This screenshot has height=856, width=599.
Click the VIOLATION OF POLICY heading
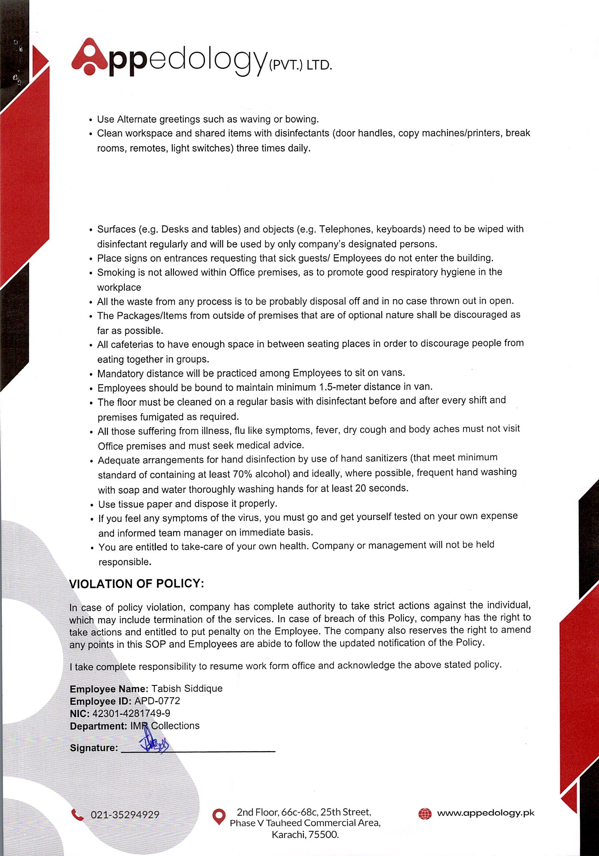[137, 584]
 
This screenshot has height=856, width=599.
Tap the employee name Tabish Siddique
[187, 688]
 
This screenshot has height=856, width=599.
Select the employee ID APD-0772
[157, 701]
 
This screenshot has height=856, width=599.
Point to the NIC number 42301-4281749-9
[131, 713]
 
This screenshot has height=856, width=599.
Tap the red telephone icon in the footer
[78, 815]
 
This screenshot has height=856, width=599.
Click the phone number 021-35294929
[125, 815]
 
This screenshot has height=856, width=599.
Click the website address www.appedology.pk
[486, 813]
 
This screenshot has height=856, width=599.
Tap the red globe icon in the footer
[425, 813]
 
